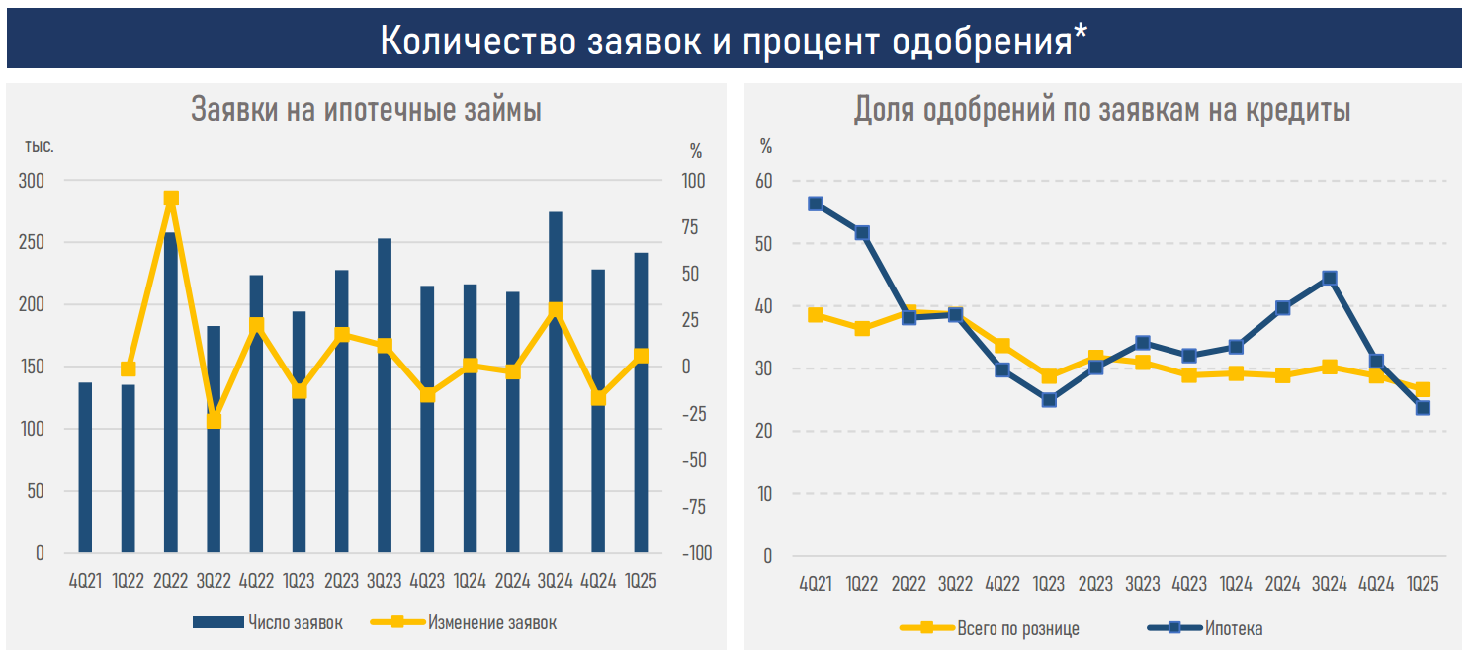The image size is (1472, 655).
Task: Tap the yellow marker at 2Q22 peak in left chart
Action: (171, 199)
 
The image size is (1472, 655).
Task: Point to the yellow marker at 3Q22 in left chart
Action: (214, 420)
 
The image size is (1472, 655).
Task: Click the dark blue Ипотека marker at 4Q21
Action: (816, 204)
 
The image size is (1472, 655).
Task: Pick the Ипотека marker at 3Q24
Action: (1330, 279)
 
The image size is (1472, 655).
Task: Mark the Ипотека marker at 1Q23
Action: (1049, 400)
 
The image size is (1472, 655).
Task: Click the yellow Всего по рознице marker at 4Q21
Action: (816, 315)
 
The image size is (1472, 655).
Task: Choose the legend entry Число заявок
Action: (267, 622)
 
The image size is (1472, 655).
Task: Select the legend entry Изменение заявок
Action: (464, 622)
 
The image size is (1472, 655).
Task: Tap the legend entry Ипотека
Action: (1205, 628)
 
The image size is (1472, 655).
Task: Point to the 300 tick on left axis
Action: (32, 181)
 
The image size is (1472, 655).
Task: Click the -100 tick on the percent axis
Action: (696, 553)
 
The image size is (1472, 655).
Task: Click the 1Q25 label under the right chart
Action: (1423, 585)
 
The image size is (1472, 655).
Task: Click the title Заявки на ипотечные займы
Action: (366, 109)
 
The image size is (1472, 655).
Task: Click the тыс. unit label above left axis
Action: (40, 146)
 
